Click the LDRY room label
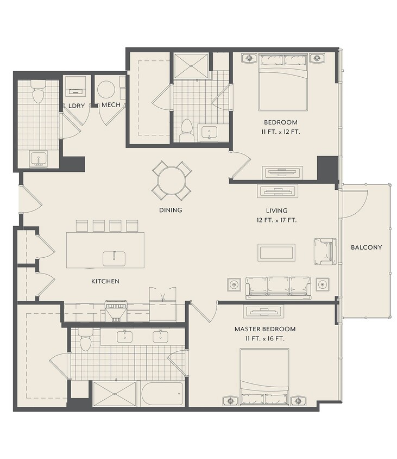coord(76,106)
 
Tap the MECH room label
coord(111,105)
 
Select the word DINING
coord(171,210)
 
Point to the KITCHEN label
coord(105,281)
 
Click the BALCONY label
coord(366,247)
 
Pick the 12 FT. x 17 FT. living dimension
coord(276,220)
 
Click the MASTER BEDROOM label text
coord(265,329)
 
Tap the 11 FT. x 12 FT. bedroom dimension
coord(280,132)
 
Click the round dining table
coord(172,181)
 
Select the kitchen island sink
coord(114,259)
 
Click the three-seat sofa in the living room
coord(278,288)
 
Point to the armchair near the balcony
coord(325,251)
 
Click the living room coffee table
coord(276,252)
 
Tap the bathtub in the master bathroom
coord(162,394)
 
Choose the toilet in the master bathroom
coord(85,339)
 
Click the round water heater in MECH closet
coord(105,90)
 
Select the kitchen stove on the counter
coord(116,311)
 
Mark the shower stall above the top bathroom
coord(191,66)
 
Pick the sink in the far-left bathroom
coord(39,159)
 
